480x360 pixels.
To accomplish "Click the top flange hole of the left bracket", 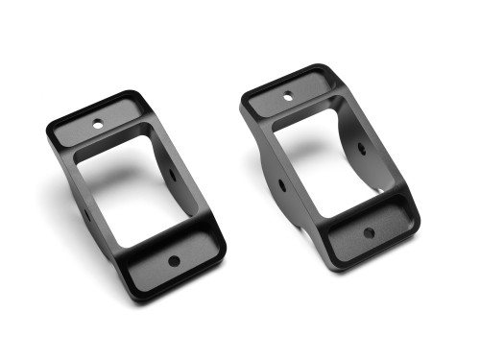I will [x=97, y=123].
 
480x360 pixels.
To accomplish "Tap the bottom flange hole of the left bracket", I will [x=174, y=259].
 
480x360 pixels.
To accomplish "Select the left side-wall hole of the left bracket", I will [x=86, y=213].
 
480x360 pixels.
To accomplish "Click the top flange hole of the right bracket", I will [x=288, y=95].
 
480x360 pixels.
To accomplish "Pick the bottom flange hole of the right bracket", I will [x=369, y=232].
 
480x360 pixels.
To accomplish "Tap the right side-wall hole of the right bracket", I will [x=362, y=149].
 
